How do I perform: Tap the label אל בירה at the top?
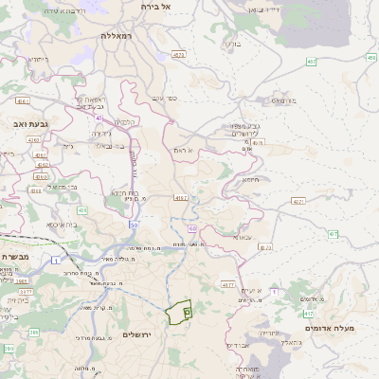tap(152, 6)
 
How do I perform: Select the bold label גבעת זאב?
tap(19, 123)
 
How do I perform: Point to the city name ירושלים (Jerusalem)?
tap(141, 335)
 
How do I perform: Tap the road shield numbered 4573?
tap(179, 55)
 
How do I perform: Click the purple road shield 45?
tap(98, 117)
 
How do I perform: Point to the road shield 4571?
tap(298, 201)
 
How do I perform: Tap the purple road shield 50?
tap(135, 225)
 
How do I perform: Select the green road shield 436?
tap(81, 209)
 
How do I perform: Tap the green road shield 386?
tap(34, 332)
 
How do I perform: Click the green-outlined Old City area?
tap(178, 313)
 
